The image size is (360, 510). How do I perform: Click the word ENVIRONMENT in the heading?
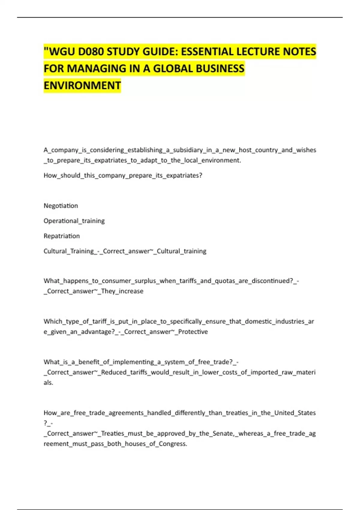click(x=82, y=85)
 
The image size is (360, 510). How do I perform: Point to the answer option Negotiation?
click(x=61, y=206)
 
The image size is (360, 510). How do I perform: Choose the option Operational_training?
click(x=74, y=221)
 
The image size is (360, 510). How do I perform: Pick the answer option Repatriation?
click(x=61, y=236)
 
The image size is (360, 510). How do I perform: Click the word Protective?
click(x=193, y=332)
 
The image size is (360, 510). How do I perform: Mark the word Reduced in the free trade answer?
click(x=114, y=372)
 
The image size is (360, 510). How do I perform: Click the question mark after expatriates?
click(x=201, y=175)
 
